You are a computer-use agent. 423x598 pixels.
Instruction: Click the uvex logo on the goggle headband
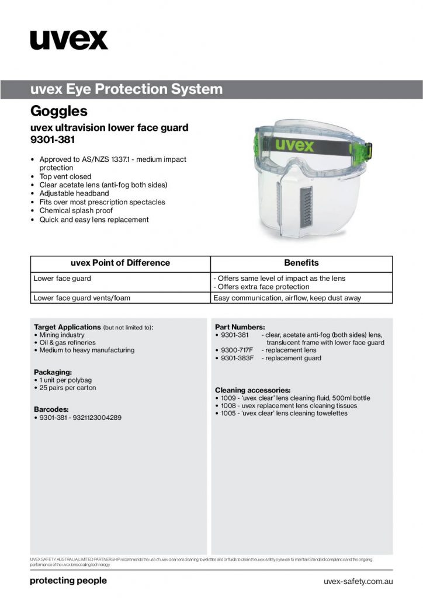pos(296,144)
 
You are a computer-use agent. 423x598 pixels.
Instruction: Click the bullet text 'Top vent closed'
pos(65,176)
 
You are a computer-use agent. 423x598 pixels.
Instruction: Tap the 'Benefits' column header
pos(301,263)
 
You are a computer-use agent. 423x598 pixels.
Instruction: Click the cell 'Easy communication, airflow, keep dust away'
pos(287,298)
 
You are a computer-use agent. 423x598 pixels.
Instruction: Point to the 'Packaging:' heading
pos(53,371)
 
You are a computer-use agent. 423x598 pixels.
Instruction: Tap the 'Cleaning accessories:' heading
pos(252,390)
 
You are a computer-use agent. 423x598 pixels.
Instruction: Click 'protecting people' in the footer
pos(68,580)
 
